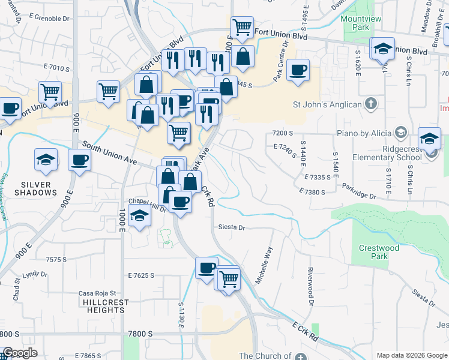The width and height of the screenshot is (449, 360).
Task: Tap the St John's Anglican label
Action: click(x=327, y=104)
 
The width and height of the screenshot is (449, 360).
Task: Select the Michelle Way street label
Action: click(x=264, y=265)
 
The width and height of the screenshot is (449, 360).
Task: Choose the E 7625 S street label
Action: click(x=141, y=275)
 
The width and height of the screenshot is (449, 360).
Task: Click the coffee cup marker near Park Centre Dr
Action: click(x=298, y=70)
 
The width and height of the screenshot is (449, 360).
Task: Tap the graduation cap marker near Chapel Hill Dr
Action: click(x=139, y=216)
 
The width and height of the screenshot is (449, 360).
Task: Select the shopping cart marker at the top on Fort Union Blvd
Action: click(x=242, y=26)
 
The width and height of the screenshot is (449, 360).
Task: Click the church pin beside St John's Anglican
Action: click(x=370, y=104)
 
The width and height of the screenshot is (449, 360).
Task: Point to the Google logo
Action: click(x=20, y=353)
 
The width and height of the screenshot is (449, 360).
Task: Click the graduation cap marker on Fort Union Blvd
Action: click(x=382, y=48)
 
